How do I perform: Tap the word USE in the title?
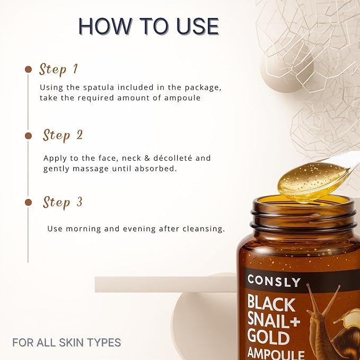(198, 26)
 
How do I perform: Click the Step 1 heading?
(58, 69)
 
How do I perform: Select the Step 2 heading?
(63, 135)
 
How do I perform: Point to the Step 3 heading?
(63, 203)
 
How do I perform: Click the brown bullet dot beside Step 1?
(28, 69)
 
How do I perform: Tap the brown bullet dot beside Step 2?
(28, 136)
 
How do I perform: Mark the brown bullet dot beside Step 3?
(28, 203)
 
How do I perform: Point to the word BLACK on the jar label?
(271, 304)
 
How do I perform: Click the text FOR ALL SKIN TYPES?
(67, 343)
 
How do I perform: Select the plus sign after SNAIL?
(295, 321)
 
